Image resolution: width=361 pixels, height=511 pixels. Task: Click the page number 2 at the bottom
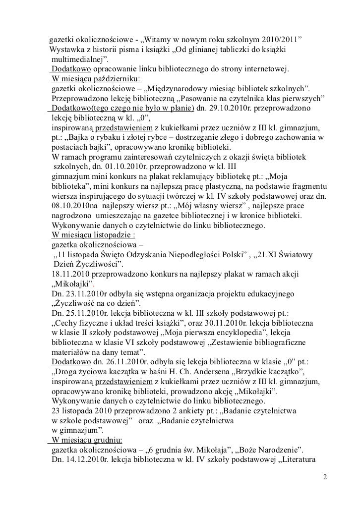pos(325,479)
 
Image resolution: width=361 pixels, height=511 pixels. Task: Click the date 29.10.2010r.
pos(221,108)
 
